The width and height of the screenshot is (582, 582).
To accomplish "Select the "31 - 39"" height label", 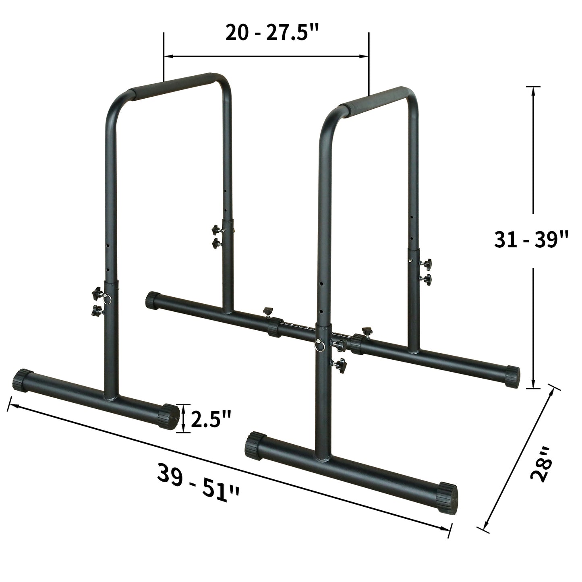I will pos(531,240).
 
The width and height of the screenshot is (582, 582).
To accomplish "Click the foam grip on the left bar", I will pos(174,85).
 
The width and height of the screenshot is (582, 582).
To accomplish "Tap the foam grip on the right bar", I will pos(373,99).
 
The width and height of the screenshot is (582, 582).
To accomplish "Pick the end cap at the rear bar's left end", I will pos(153,300).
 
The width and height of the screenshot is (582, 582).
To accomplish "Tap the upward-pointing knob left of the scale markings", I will pos(267,311).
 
